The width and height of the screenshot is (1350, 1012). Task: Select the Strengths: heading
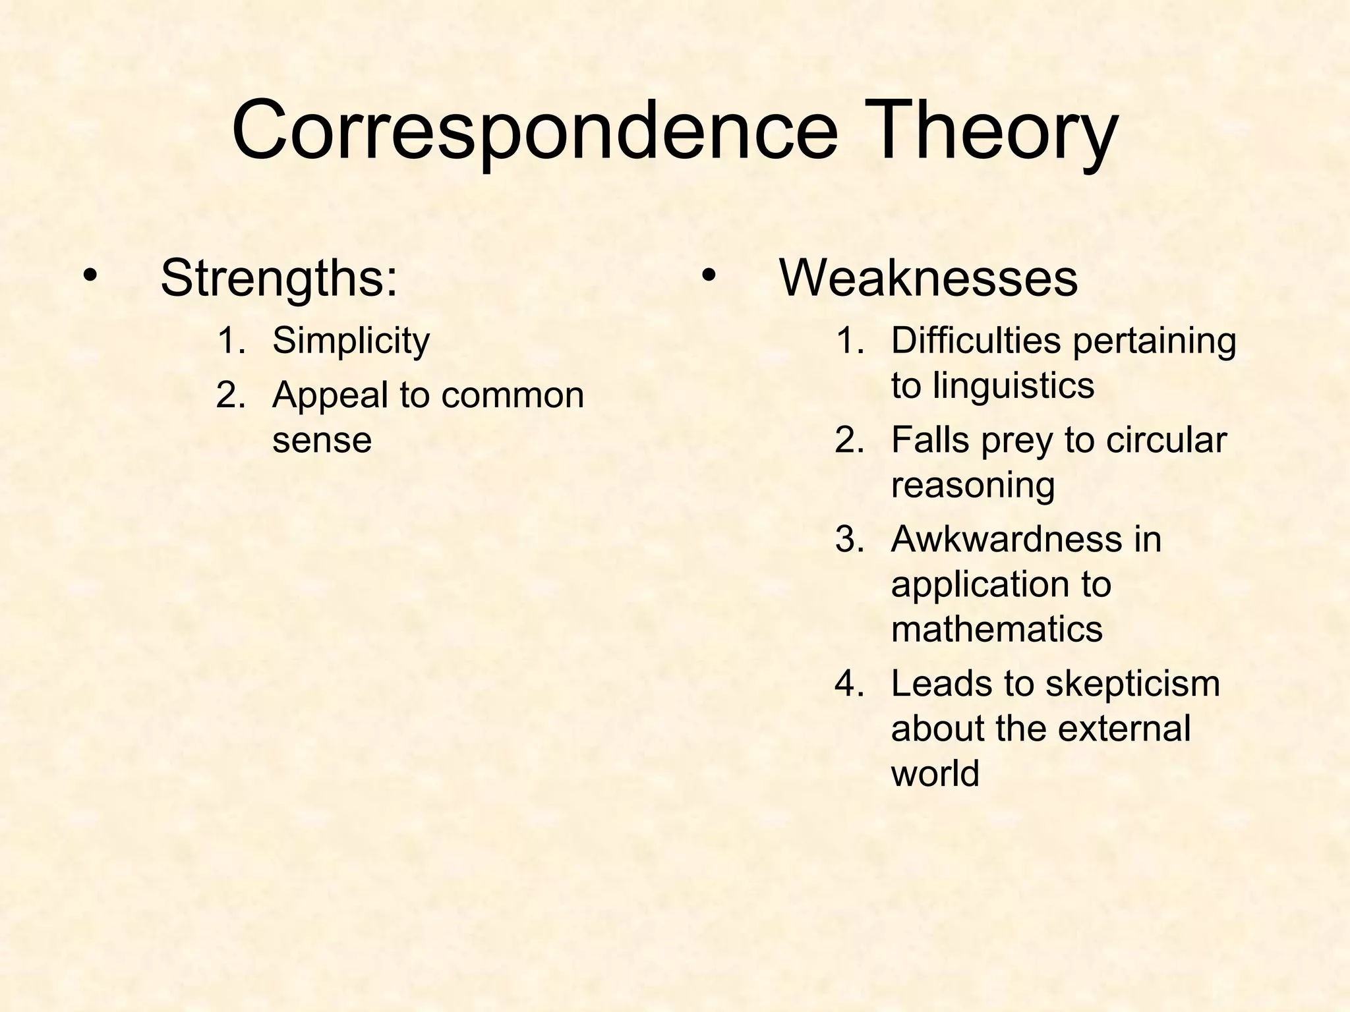click(x=279, y=279)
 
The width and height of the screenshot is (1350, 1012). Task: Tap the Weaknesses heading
click(x=928, y=279)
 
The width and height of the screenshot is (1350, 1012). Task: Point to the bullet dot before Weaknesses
click(x=708, y=275)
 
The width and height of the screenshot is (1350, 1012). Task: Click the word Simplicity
click(x=351, y=341)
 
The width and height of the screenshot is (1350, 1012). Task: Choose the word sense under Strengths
click(x=322, y=440)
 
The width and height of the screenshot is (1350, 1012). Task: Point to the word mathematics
click(x=997, y=629)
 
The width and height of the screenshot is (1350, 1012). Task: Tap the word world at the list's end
click(x=935, y=773)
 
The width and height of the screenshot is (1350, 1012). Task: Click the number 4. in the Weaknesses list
click(x=850, y=684)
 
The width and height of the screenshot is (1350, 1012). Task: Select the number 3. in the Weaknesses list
click(x=850, y=540)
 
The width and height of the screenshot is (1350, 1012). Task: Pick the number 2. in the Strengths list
click(x=231, y=396)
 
